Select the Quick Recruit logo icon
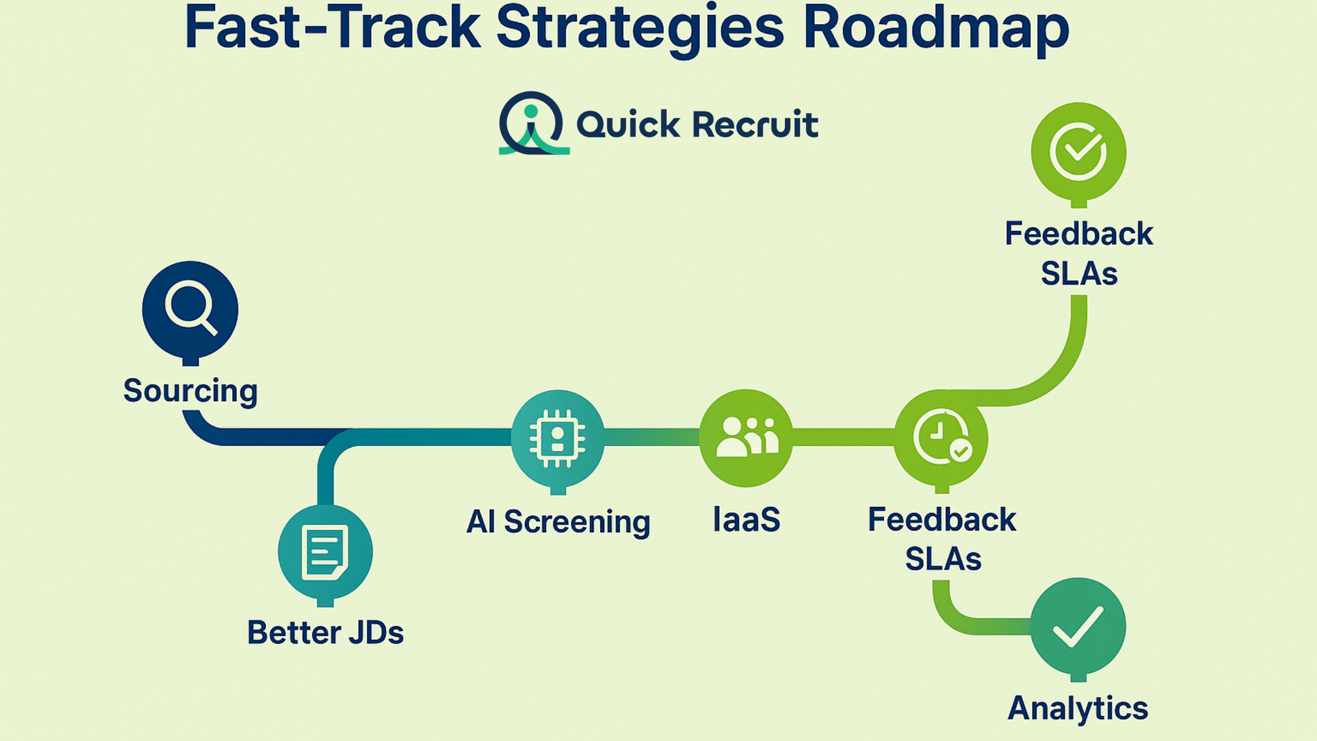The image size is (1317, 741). (533, 123)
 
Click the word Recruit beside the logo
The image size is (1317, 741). (755, 125)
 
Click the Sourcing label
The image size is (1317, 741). (190, 391)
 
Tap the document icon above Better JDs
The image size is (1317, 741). (325, 552)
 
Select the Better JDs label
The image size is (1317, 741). (325, 633)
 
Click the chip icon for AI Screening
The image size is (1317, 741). (557, 438)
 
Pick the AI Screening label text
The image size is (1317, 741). (558, 522)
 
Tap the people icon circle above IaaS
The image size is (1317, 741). (746, 438)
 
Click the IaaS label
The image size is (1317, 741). (746, 520)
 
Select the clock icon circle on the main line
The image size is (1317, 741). (941, 438)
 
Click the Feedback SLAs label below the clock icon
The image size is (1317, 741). (942, 539)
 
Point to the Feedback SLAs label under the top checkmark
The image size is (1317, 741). (1078, 253)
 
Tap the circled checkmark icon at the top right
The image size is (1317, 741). (1078, 151)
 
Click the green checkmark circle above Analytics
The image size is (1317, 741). (1078, 626)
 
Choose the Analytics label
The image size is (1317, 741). (1078, 708)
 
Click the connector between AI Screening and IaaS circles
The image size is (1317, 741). (651, 437)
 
